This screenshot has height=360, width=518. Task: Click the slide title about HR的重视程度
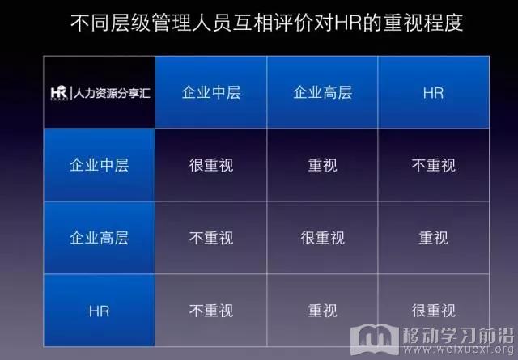[x=266, y=23]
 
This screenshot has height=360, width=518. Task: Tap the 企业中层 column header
[x=211, y=92]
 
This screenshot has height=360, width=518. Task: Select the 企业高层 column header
[x=322, y=92]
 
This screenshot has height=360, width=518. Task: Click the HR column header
[x=434, y=93]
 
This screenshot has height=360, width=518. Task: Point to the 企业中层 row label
[x=99, y=165]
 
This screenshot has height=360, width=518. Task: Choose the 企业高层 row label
[x=99, y=238]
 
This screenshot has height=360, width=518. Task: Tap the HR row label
[x=99, y=311]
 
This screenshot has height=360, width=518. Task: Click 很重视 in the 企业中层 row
[x=211, y=165]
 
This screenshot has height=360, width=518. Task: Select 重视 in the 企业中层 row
[x=322, y=165]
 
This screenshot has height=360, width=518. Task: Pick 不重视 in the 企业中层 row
[x=434, y=165]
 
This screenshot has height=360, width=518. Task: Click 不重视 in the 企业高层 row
[x=211, y=238]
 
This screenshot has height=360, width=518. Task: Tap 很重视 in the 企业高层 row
[x=322, y=238]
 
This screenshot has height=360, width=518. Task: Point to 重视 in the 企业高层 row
[x=434, y=238]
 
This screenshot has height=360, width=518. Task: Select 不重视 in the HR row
[x=211, y=311]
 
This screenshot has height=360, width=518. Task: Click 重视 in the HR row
[x=322, y=311]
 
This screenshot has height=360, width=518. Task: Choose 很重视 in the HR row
[x=434, y=311]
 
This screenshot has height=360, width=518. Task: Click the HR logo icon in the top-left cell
[x=59, y=92]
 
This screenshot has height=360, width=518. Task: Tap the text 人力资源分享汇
[x=112, y=93]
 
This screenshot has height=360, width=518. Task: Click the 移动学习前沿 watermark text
[x=458, y=336]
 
